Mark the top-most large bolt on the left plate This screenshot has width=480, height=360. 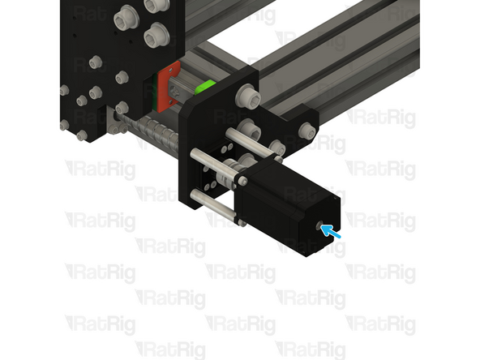(128, 15)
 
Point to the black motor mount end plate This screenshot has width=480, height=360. (199, 146)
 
